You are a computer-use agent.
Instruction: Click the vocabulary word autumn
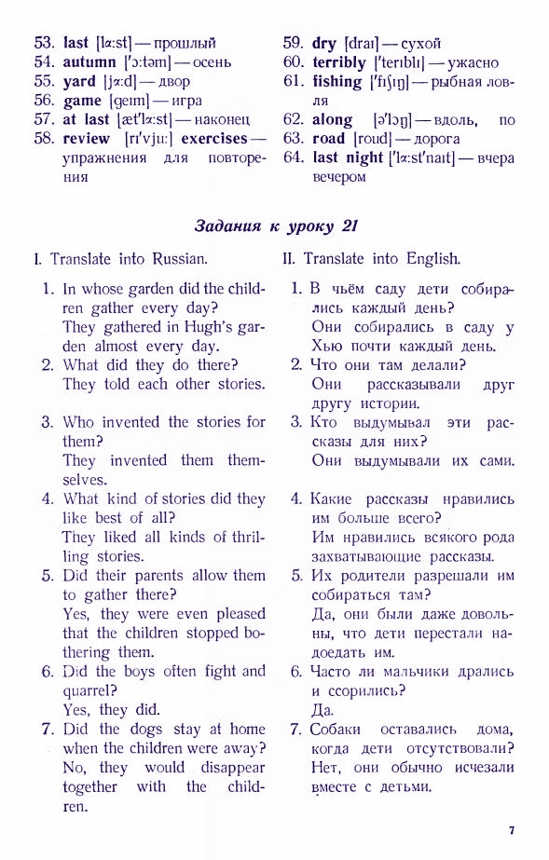pyautogui.click(x=89, y=62)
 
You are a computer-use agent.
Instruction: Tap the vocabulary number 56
pyautogui.click(x=45, y=101)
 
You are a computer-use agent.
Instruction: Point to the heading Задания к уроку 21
pyautogui.click(x=275, y=225)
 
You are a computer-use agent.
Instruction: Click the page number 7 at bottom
pyautogui.click(x=512, y=830)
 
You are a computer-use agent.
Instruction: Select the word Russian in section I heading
pyautogui.click(x=180, y=259)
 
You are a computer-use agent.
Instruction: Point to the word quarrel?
pyautogui.click(x=89, y=690)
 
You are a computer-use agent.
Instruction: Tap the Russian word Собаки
pyautogui.click(x=335, y=730)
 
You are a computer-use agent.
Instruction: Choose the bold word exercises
pyautogui.click(x=214, y=139)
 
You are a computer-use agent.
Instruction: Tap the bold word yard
pyautogui.click(x=79, y=82)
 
